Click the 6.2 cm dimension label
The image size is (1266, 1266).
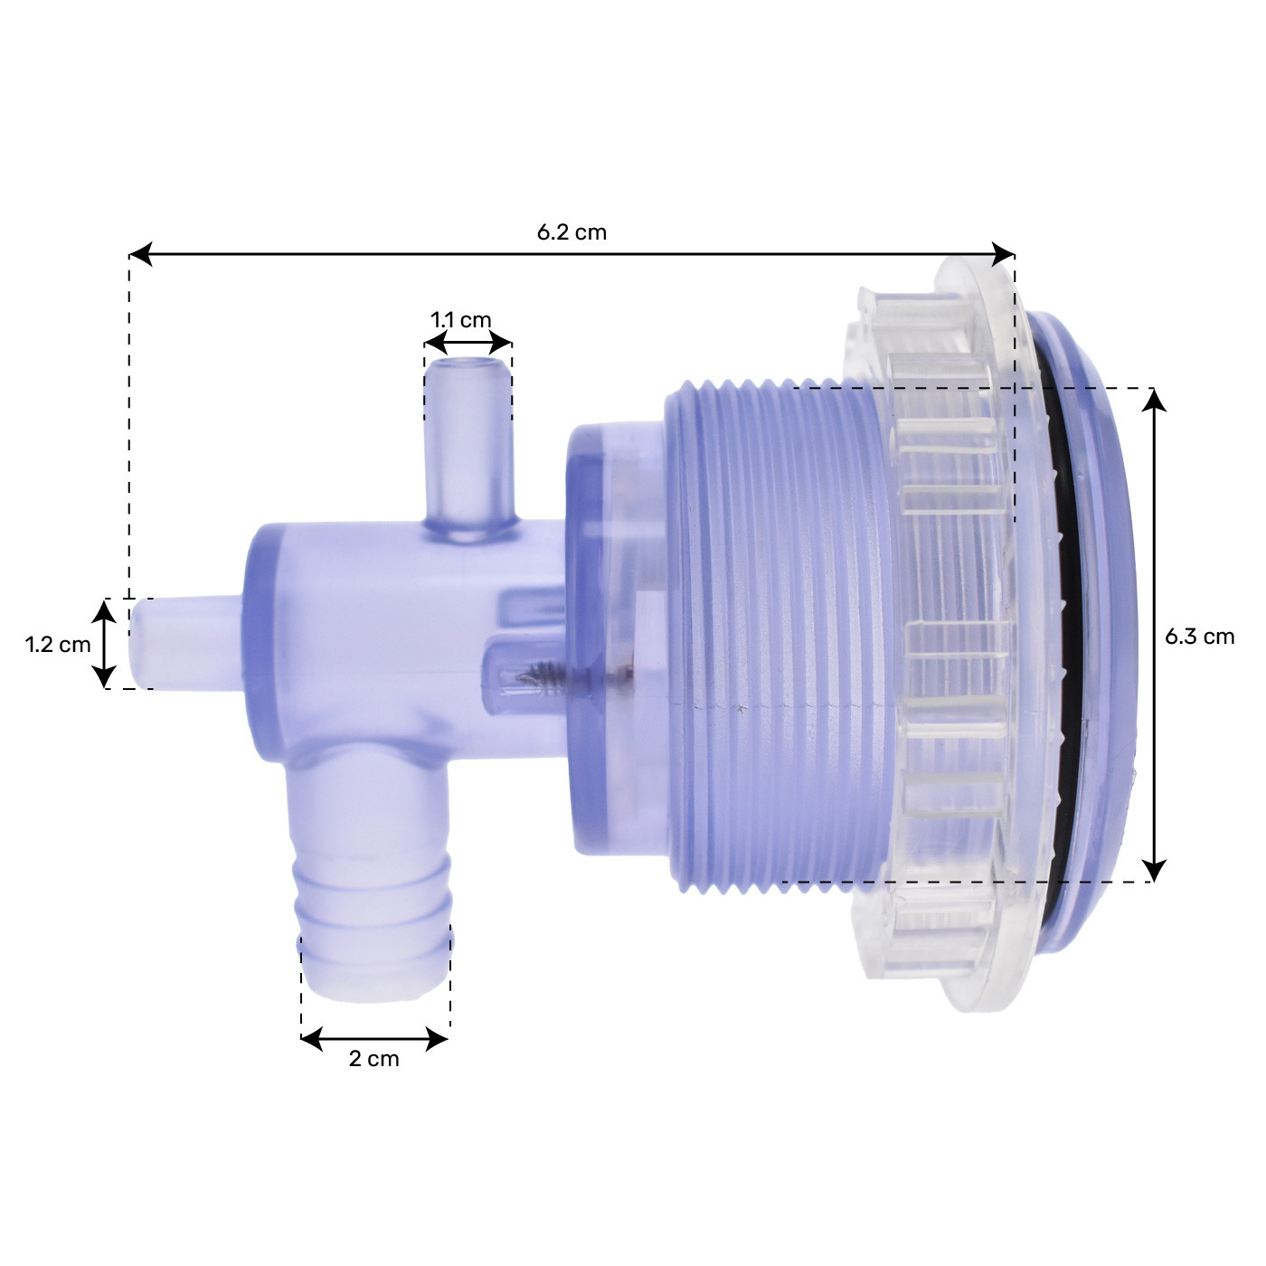pyautogui.click(x=572, y=232)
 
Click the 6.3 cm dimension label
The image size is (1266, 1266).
pyautogui.click(x=1199, y=637)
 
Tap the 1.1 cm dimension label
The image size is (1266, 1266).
pyautogui.click(x=461, y=320)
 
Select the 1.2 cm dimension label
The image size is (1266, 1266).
pyautogui.click(x=58, y=645)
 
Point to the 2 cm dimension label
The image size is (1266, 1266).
pyautogui.click(x=373, y=1059)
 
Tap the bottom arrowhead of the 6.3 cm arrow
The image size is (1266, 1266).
pyautogui.click(x=1154, y=870)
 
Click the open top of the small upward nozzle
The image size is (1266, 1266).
pyautogui.click(x=468, y=366)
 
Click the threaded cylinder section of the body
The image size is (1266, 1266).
pyautogui.click(x=778, y=633)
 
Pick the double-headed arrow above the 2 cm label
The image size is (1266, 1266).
pyautogui.click(x=374, y=1039)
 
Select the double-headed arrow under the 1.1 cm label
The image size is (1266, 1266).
pyautogui.click(x=468, y=343)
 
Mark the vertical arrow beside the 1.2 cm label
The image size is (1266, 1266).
pyautogui.click(x=105, y=644)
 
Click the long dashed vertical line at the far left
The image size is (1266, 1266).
pyautogui.click(x=129, y=425)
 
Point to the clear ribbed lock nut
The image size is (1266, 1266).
pyautogui.click(x=949, y=633)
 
